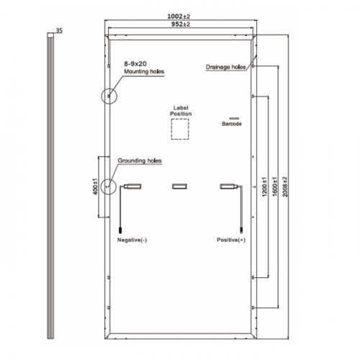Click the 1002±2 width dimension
click(x=179, y=17)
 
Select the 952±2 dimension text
click(x=181, y=24)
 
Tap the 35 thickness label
click(x=59, y=30)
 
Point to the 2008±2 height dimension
click(x=285, y=186)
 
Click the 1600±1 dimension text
click(x=275, y=186)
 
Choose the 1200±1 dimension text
click(x=264, y=186)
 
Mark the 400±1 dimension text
click(x=96, y=186)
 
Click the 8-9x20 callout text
click(x=135, y=64)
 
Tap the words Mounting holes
click(x=144, y=71)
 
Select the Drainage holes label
click(x=225, y=67)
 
